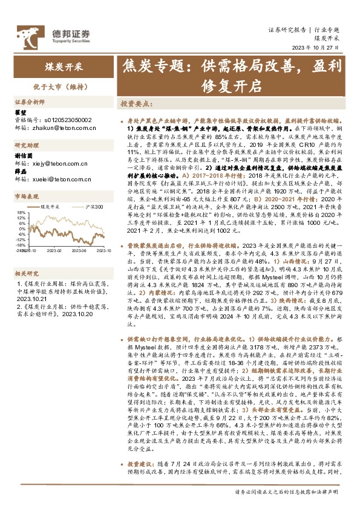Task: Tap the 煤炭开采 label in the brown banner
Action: (62, 66)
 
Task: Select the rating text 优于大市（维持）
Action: (62, 86)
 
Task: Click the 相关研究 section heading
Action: (27, 256)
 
